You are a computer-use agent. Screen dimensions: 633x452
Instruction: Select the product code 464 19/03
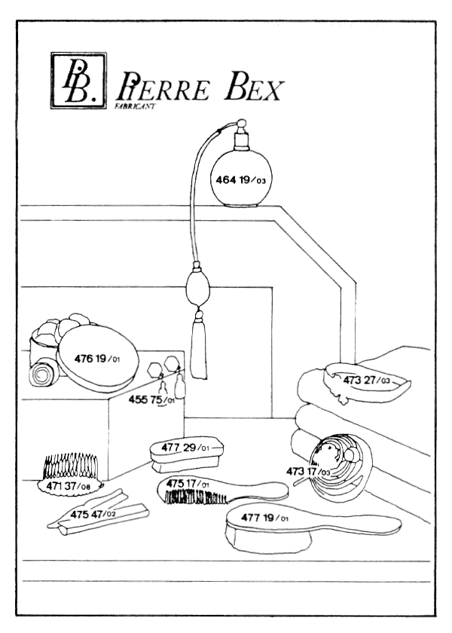[241, 179]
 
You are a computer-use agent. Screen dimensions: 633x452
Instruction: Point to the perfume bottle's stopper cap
[243, 136]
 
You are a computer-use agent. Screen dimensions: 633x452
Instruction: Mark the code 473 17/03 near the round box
[308, 472]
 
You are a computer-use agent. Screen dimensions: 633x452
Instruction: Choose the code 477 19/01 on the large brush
[264, 519]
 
